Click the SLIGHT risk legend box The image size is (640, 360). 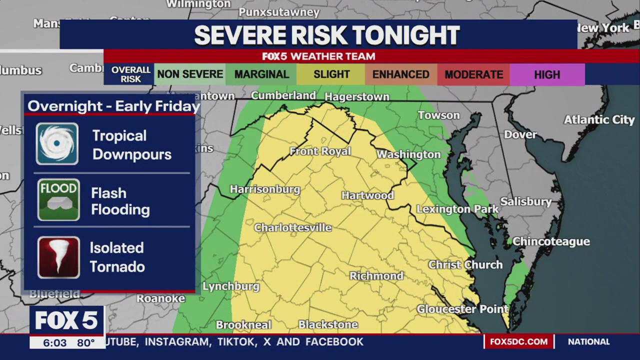click(331, 74)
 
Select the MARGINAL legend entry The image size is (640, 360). click(261, 74)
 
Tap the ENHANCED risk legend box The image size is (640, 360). click(400, 74)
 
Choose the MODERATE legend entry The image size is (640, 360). click(473, 74)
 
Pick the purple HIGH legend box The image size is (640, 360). click(547, 74)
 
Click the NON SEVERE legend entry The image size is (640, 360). click(190, 74)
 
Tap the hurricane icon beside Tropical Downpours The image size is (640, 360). click(57, 144)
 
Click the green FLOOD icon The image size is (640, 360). click(58, 200)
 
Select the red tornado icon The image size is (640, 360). click(58, 257)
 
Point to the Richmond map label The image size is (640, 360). click(376, 276)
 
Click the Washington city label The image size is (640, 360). click(408, 154)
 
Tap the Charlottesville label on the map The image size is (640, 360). click(293, 228)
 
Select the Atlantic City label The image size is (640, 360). click(599, 120)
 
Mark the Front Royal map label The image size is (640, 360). click(320, 151)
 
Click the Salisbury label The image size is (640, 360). click(526, 201)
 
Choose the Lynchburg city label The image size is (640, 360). click(231, 286)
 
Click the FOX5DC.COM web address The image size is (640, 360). click(518, 342)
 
